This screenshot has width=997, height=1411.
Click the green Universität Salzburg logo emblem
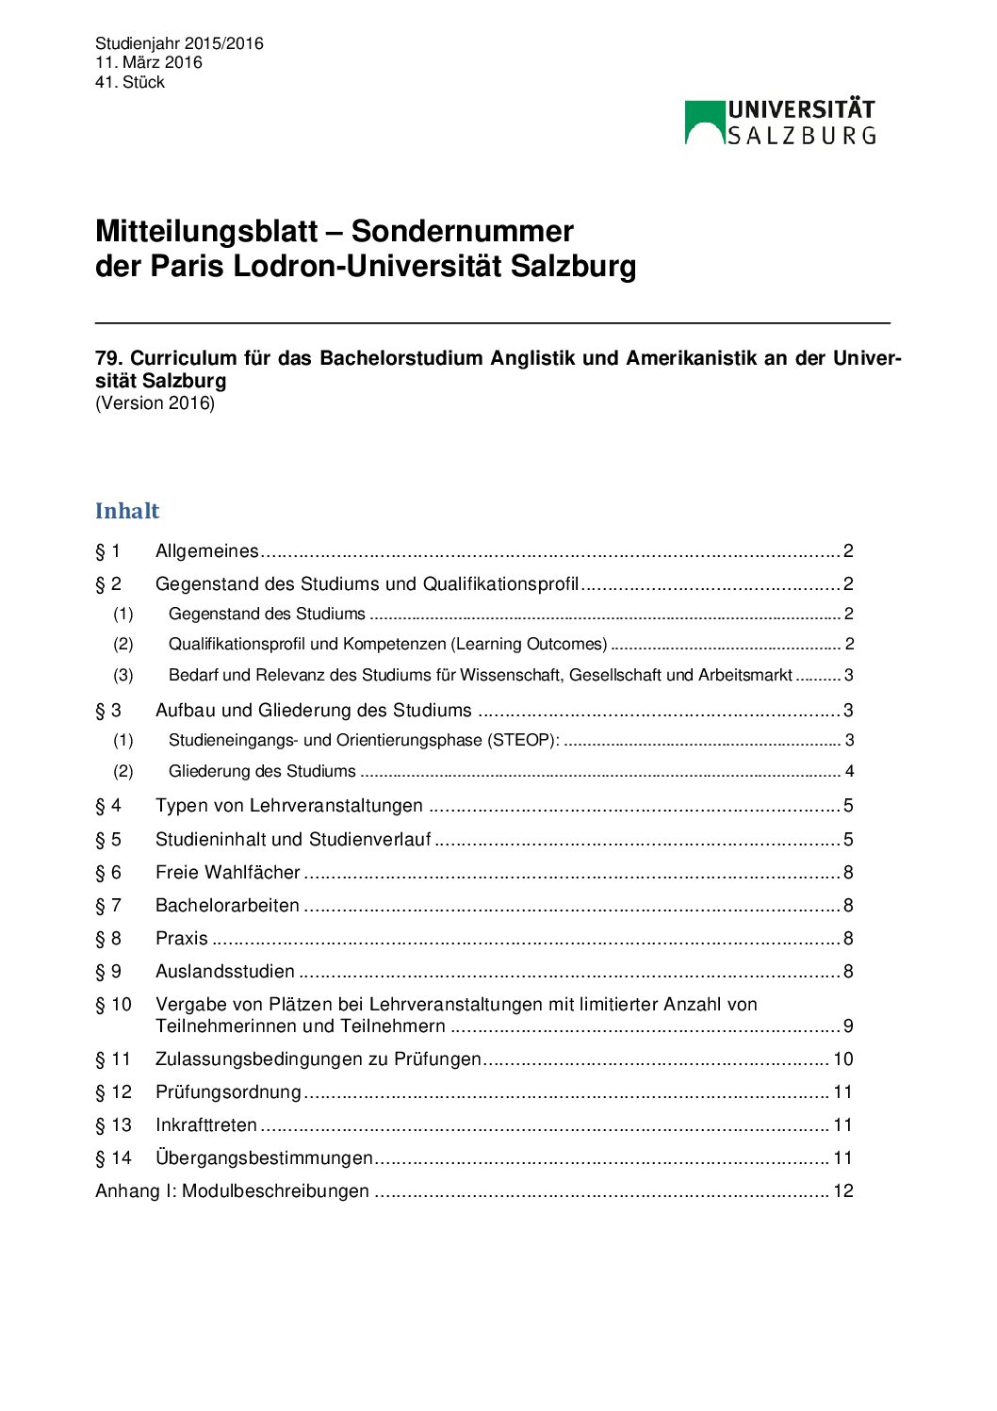coord(704,123)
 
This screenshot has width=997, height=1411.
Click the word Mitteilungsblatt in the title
coord(206,232)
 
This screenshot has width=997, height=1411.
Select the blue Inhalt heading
coord(127,511)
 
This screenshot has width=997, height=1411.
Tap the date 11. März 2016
coord(149,62)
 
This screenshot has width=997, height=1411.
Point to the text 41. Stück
coord(130,82)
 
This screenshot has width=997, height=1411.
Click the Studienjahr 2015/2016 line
coord(179,43)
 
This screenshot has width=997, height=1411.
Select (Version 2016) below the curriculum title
coord(155,403)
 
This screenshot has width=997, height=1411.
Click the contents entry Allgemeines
coord(206,551)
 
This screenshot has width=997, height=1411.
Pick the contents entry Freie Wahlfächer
coord(227,873)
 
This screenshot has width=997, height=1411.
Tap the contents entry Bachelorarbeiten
coord(227,906)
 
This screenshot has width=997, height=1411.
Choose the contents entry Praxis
coord(182,939)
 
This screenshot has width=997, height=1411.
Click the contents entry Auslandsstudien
coord(225,972)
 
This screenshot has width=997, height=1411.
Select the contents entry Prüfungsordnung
coord(228,1092)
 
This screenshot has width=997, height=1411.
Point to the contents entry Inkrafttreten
coord(206,1125)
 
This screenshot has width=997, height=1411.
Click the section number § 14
coord(113,1158)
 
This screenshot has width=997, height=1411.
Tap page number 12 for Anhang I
coord(843,1191)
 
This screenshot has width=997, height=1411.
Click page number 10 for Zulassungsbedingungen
coord(843,1059)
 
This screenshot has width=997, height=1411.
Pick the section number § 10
coord(113,1005)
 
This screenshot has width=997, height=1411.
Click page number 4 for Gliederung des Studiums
coord(849,772)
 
